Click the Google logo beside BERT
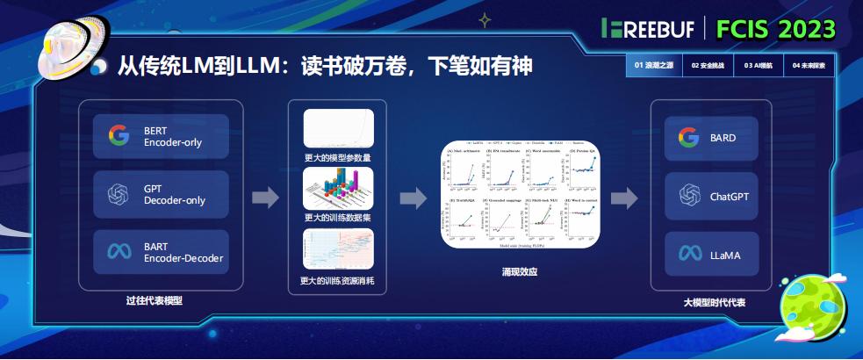119,136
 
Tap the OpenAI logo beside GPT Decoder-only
119,194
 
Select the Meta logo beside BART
119,252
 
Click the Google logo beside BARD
688,138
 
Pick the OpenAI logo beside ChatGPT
688,197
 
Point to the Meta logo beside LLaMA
688,255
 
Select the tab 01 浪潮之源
653,66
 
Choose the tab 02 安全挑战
708,66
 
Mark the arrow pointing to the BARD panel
624,198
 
